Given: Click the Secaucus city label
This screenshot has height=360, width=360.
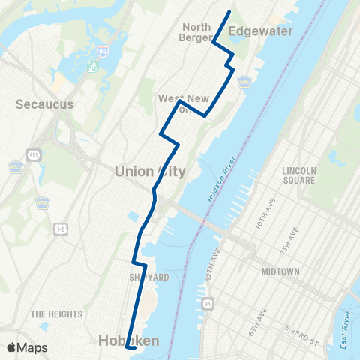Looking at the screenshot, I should [x=45, y=104].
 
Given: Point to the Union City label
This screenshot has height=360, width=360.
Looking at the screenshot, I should [x=150, y=172].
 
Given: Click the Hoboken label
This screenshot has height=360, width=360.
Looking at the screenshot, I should [x=129, y=341].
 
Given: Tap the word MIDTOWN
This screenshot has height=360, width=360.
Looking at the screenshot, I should [x=281, y=271].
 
